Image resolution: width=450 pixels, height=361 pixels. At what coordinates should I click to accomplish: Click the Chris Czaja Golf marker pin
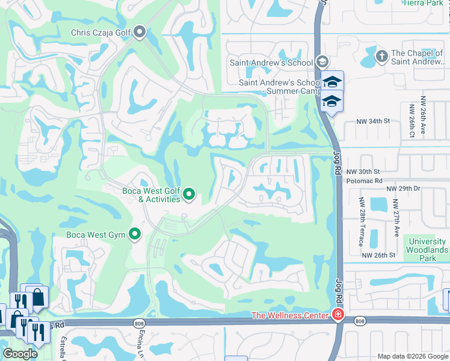click(x=140, y=32)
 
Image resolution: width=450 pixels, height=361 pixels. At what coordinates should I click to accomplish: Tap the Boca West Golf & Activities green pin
click(x=189, y=194)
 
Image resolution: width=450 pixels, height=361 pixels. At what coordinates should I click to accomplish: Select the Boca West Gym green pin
click(x=135, y=233)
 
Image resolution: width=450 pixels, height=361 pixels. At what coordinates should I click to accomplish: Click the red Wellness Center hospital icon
click(x=338, y=315)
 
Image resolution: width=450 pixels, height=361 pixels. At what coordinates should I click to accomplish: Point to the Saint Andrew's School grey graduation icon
click(x=322, y=62)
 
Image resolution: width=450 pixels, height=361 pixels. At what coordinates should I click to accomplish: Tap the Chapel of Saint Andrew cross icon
click(x=380, y=56)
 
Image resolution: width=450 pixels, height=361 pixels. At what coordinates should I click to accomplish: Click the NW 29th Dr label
click(x=403, y=188)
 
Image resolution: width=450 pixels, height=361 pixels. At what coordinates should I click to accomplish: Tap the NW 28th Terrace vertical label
click(x=361, y=222)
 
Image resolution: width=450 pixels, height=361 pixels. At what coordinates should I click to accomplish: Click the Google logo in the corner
click(x=20, y=354)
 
